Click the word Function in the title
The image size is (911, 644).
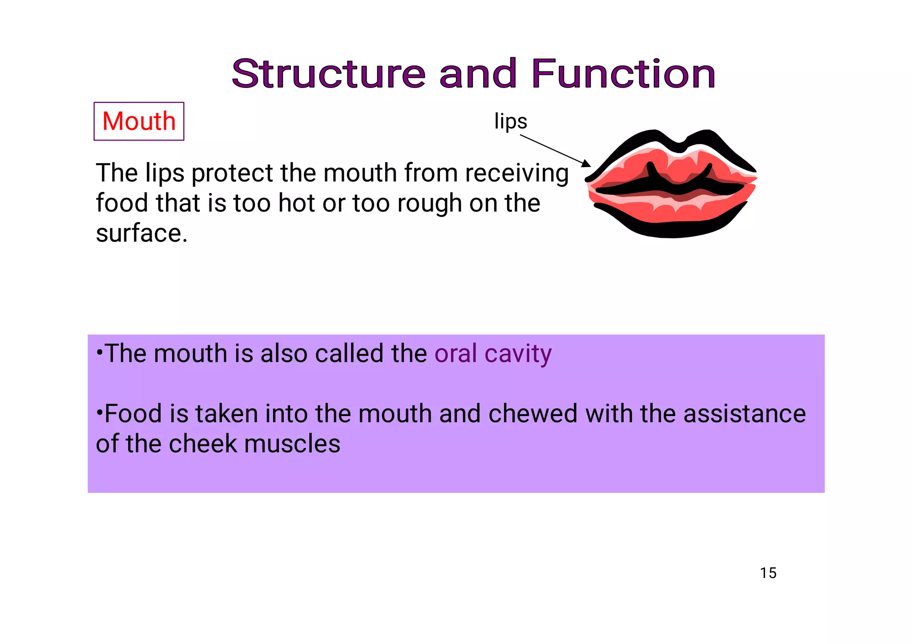(623, 74)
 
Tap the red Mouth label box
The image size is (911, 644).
(139, 121)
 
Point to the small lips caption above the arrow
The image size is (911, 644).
(511, 121)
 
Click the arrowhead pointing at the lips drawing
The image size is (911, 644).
(587, 164)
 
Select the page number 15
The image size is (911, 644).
(768, 573)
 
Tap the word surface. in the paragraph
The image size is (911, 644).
(141, 233)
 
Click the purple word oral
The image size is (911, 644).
(455, 354)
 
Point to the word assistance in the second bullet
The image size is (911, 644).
(744, 414)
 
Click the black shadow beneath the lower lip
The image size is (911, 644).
(672, 229)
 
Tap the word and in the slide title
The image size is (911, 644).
(478, 74)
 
